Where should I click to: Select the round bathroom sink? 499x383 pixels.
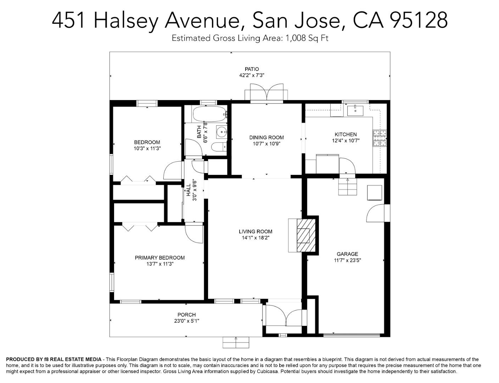[222, 132]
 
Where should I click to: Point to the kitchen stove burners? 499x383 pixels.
[380, 139]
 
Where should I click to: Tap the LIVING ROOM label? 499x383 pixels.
[256, 232]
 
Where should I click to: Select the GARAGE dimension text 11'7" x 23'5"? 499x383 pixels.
[347, 260]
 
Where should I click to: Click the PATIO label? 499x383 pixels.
[252, 69]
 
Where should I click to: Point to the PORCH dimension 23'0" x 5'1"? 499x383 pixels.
[186, 321]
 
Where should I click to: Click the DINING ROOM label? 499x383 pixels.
[267, 137]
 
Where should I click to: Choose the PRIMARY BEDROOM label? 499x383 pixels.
[159, 257]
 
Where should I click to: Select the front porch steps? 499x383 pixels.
[236, 343]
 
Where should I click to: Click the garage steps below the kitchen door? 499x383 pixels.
[347, 187]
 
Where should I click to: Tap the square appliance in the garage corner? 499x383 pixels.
[375, 193]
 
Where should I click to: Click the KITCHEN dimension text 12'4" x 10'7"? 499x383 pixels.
[346, 140]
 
